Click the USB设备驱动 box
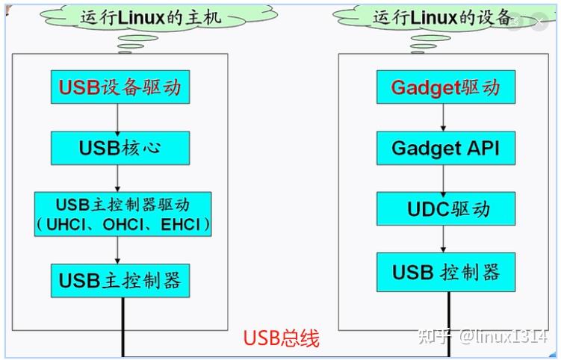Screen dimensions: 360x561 pos(120,87)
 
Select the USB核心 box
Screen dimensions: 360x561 pos(120,148)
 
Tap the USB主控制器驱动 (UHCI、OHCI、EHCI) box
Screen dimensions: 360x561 pos(123,214)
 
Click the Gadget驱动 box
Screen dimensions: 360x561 pos(446,87)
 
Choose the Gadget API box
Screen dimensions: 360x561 pos(446,148)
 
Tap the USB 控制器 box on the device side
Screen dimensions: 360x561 pos(446,272)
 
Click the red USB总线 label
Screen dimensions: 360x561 pos(282,338)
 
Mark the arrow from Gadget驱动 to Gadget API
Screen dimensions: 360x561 pos(444,117)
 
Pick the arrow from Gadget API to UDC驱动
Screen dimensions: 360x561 pos(444,178)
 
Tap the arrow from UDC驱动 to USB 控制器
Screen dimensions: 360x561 pos(444,239)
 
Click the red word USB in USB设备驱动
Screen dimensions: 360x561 pos(79,87)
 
